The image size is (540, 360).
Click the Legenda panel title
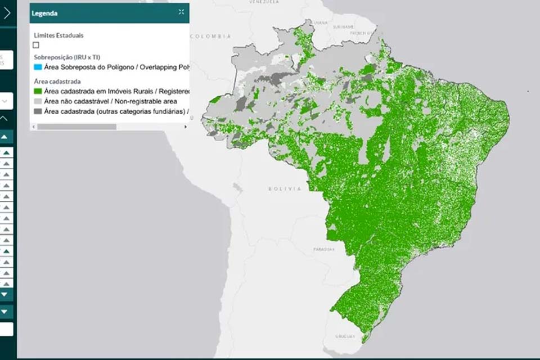pyautogui.click(x=44, y=13)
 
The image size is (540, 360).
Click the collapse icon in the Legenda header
pyautogui.click(x=181, y=12)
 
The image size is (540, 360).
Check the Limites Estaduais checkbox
pyautogui.click(x=36, y=45)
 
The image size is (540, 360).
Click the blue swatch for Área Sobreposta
pyautogui.click(x=37, y=67)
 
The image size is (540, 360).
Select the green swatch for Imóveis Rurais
pyautogui.click(x=37, y=91)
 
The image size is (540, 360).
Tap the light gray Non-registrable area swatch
pyautogui.click(x=37, y=101)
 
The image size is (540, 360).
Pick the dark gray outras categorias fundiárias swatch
pyautogui.click(x=37, y=111)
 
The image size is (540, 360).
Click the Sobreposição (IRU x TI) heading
pyautogui.click(x=67, y=57)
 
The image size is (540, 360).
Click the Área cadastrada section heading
pyautogui.click(x=57, y=81)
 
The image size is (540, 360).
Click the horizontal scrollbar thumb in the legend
pyautogui.click(x=76, y=127)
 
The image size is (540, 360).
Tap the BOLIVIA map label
pyautogui.click(x=285, y=189)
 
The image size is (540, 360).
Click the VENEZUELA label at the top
pyautogui.click(x=263, y=2)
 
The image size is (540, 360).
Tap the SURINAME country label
pyautogui.click(x=343, y=26)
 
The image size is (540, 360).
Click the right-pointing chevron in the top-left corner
pyautogui.click(x=7, y=13)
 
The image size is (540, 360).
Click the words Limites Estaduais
pyautogui.click(x=58, y=35)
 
